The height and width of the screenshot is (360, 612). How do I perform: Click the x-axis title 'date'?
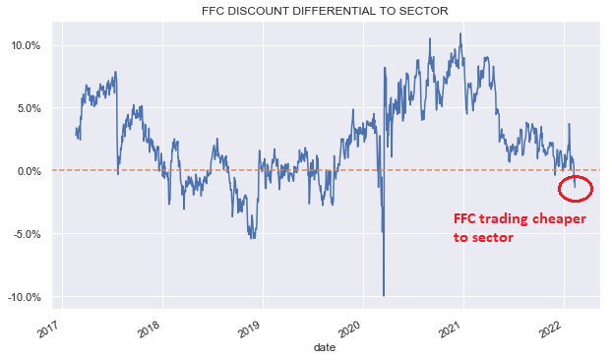click(x=324, y=348)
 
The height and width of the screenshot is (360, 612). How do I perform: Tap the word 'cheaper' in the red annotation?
click(x=553, y=218)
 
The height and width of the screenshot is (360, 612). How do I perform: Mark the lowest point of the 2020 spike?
click(x=384, y=295)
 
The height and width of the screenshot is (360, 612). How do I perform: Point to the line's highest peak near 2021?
click(x=460, y=34)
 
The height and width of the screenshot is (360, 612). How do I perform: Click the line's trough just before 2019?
click(x=253, y=237)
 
